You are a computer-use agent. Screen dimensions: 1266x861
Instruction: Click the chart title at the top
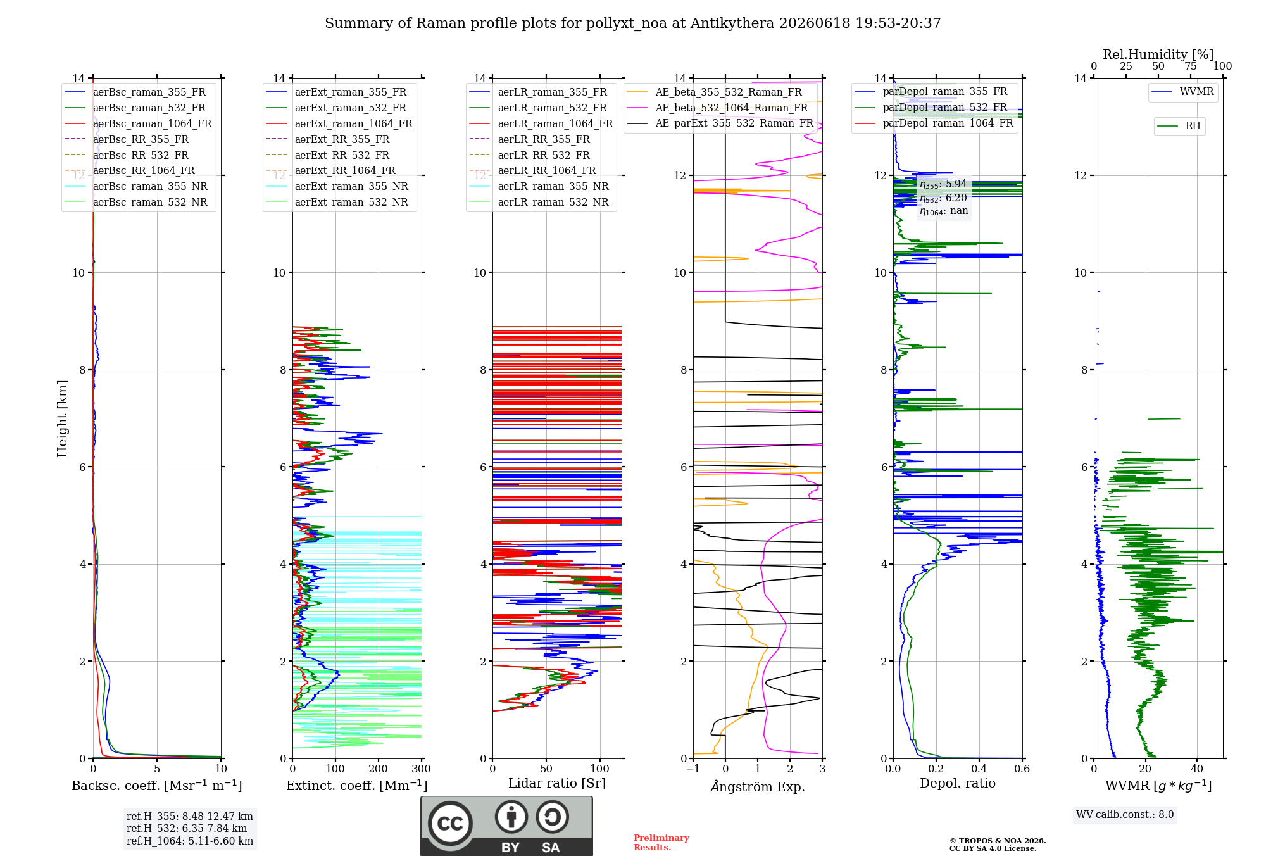pyautogui.click(x=632, y=23)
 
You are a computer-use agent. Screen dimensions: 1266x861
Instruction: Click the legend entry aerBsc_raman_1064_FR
pyautogui.click(x=138, y=123)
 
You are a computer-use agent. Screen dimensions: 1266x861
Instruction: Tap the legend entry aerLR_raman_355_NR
pyautogui.click(x=539, y=186)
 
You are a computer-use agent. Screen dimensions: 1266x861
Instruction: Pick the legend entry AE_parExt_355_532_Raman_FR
pyautogui.click(x=720, y=123)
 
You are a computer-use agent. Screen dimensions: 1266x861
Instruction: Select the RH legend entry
pyautogui.click(x=1179, y=126)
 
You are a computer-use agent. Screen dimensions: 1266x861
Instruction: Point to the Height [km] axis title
pyautogui.click(x=62, y=418)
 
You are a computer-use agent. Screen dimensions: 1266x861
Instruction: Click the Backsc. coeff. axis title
pyautogui.click(x=157, y=786)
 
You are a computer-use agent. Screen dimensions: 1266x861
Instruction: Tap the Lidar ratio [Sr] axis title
pyautogui.click(x=557, y=784)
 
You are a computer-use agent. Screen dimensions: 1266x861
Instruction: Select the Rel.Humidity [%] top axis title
pyautogui.click(x=1158, y=54)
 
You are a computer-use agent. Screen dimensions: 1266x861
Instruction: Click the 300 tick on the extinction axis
pyautogui.click(x=422, y=769)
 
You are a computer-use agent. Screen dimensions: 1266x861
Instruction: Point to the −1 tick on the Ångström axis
pyautogui.click(x=693, y=769)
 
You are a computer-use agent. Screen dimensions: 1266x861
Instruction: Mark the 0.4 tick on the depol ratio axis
pyautogui.click(x=979, y=769)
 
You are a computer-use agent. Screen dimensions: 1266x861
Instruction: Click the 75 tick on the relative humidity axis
pyautogui.click(x=1191, y=66)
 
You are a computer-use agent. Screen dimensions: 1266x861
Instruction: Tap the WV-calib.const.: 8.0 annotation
pyautogui.click(x=1125, y=815)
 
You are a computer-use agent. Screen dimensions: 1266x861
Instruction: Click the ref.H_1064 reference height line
pyautogui.click(x=190, y=841)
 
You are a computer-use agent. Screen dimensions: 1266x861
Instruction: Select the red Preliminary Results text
pyautogui.click(x=661, y=843)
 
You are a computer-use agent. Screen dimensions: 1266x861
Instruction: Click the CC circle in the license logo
pyautogui.click(x=450, y=824)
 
